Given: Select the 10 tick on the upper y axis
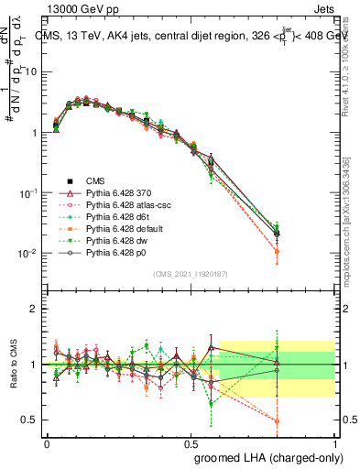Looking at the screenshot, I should click(x=33, y=71).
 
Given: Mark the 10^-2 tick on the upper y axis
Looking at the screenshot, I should click(x=30, y=254).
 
